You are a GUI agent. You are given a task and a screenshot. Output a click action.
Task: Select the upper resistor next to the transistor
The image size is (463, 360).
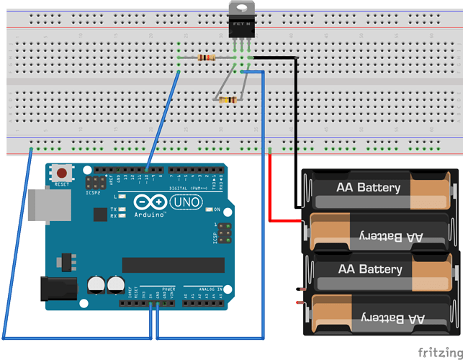207,58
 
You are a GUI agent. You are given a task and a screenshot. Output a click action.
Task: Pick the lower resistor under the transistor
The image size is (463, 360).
228,100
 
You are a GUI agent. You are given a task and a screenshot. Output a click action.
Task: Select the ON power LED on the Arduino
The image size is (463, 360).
207,210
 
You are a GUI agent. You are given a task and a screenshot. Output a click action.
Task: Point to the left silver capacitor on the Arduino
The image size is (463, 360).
96,285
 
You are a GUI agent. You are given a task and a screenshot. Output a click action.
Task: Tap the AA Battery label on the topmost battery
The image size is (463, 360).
368,187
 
